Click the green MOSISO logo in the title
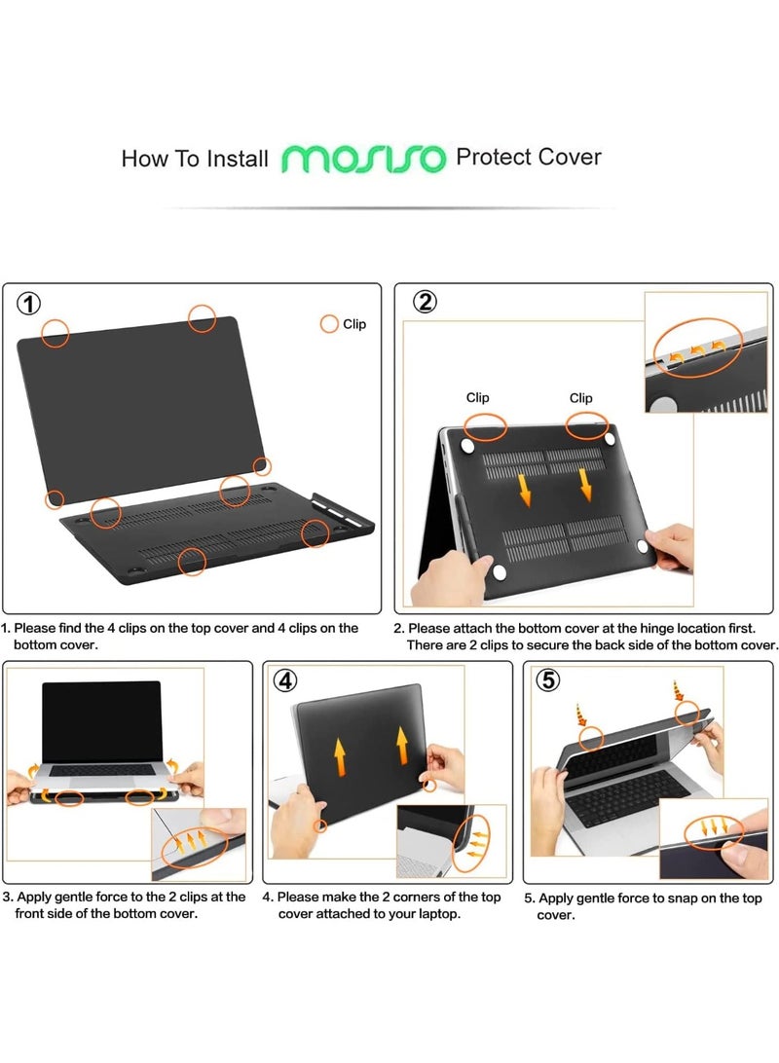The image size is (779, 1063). tap(364, 159)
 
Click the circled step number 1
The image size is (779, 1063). tap(30, 304)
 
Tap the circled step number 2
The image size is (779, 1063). tap(425, 302)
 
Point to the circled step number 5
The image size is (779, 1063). tap(549, 680)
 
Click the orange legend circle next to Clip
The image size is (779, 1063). tap(329, 324)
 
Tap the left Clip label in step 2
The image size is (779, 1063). tap(477, 397)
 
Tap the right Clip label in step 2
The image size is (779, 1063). tap(580, 397)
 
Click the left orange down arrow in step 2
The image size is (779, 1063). tap(525, 489)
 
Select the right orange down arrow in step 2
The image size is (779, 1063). tap(586, 484)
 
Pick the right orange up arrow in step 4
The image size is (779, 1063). tap(401, 745)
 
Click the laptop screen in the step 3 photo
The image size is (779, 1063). tap(101, 721)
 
